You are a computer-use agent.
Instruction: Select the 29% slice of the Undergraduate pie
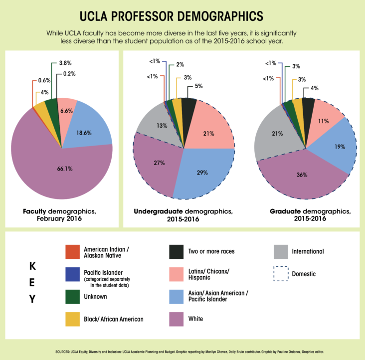click(x=202, y=172)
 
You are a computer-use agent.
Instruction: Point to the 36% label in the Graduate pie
click(x=301, y=175)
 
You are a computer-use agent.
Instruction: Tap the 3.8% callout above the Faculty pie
click(x=65, y=63)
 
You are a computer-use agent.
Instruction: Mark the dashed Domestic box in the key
click(x=282, y=274)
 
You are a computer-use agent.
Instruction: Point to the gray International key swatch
click(x=282, y=252)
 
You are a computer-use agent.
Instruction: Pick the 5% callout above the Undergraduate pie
click(x=198, y=86)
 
